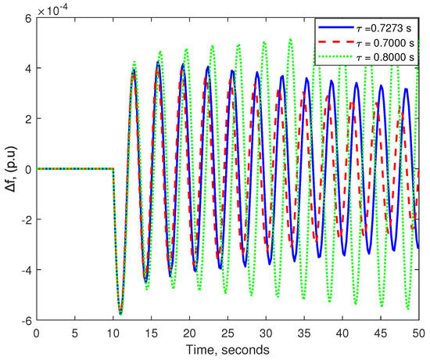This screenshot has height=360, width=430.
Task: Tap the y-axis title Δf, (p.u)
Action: tap(10, 168)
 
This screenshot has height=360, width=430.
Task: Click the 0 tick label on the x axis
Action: tap(37, 333)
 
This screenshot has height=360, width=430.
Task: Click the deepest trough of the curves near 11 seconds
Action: tap(120, 314)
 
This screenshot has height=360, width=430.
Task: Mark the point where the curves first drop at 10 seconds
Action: tap(114, 169)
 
